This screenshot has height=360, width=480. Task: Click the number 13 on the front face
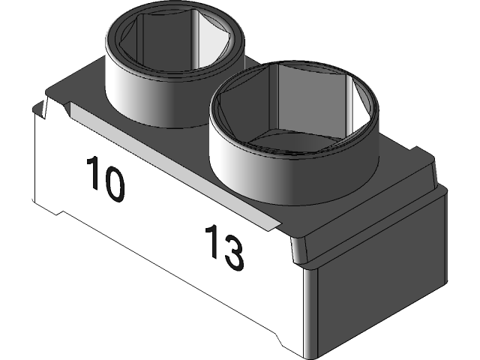223,247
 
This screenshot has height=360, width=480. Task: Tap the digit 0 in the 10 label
113,181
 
